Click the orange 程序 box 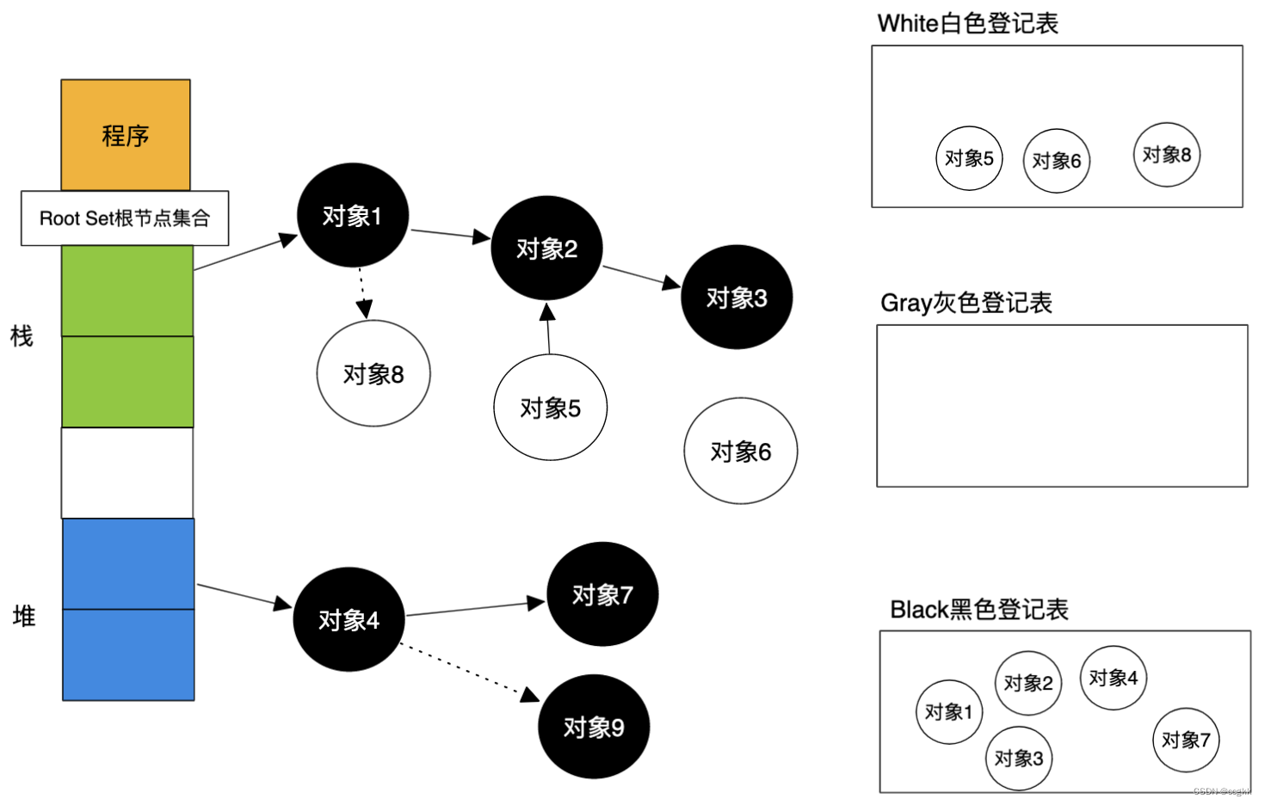pos(126,135)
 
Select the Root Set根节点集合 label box pos(125,218)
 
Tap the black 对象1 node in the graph pos(352,216)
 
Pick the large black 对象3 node pos(736,298)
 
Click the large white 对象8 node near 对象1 pos(373,374)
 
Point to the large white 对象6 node pos(740,451)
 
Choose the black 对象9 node pos(593,728)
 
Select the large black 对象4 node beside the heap pos(349,620)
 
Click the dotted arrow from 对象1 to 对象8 pos(362,292)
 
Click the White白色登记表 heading pos(967,23)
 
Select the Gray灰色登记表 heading pos(966,303)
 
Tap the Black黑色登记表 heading pos(978,610)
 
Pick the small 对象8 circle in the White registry pos(1166,155)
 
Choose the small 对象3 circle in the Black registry pos(1018,759)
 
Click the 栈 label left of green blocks pos(22,336)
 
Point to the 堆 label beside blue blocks pos(24,616)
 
